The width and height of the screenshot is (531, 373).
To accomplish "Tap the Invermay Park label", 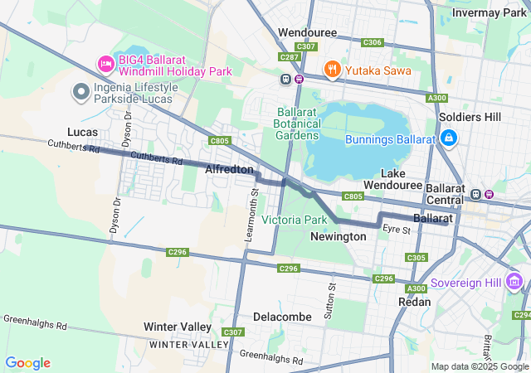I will [490, 12].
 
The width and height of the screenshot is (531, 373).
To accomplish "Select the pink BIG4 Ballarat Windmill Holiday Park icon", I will [105, 64].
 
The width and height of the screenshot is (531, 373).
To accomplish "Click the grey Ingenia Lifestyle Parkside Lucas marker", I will [81, 91].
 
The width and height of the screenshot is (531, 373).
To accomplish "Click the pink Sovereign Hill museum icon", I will [515, 283].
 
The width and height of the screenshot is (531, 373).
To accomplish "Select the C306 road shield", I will [373, 42].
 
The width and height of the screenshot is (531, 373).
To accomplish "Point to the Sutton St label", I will [332, 297].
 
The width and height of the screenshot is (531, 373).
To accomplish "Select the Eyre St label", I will [397, 229].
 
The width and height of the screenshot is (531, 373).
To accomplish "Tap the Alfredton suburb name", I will [229, 169].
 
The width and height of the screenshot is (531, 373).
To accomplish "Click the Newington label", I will [338, 236].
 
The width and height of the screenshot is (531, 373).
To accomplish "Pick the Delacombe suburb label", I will [282, 317].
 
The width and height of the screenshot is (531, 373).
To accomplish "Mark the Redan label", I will [415, 302].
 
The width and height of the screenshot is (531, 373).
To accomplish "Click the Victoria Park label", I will [295, 220].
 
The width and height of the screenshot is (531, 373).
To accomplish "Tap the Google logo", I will [27, 363].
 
